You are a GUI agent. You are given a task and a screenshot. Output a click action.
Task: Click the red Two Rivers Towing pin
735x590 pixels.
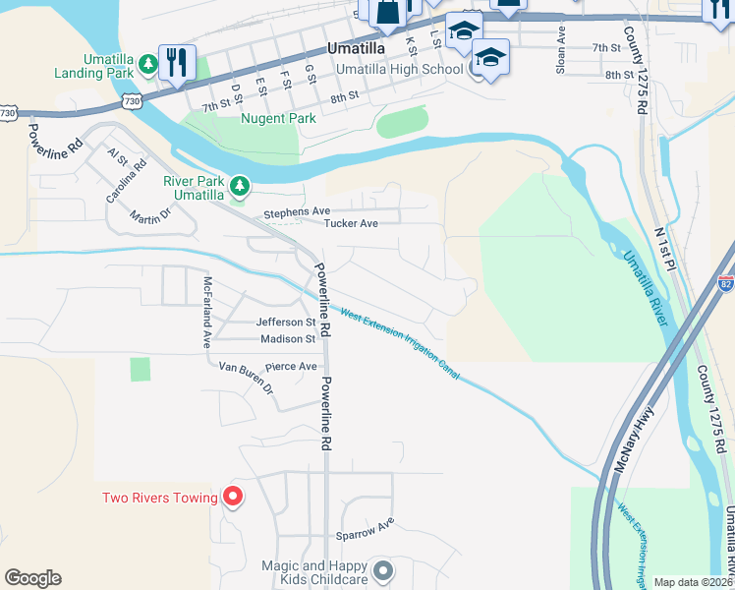click(232, 497)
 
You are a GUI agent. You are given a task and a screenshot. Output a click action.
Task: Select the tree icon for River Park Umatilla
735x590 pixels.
click(239, 185)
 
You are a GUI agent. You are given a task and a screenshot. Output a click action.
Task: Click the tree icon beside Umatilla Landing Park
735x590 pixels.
click(147, 64)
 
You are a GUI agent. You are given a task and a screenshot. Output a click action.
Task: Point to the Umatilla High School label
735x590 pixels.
click(399, 70)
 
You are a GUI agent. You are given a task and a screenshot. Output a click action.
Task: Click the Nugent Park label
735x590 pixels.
click(278, 119)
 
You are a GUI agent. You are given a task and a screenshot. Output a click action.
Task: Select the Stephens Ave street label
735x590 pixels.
click(296, 212)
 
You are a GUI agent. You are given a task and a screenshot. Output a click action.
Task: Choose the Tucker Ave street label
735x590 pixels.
click(352, 224)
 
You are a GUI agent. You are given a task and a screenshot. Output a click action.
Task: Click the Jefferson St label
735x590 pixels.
click(285, 323)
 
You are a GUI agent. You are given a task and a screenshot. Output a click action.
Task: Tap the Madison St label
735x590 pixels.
click(287, 339)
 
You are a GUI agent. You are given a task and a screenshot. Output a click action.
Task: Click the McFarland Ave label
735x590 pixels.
click(207, 312)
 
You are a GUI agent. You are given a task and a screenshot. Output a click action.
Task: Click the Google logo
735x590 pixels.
click(32, 578)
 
